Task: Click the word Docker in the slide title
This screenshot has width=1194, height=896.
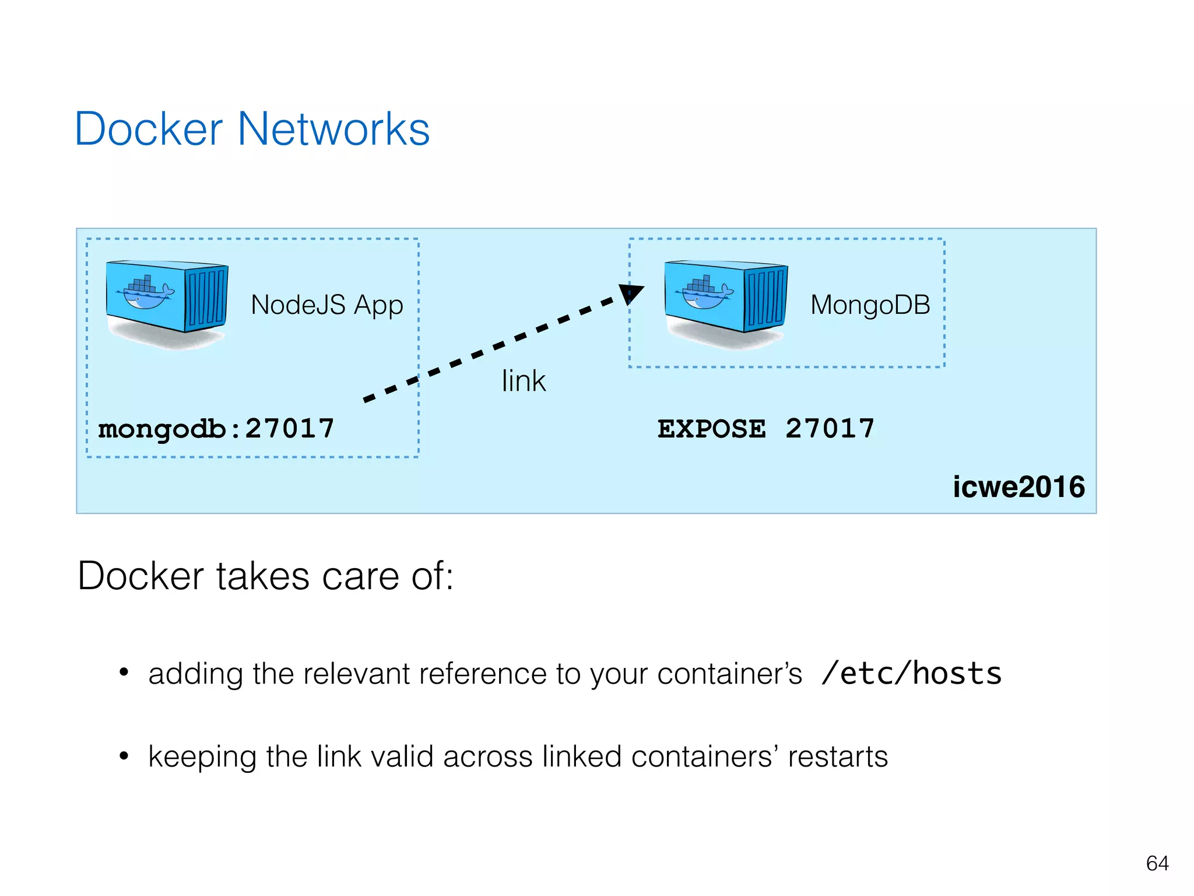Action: click(149, 129)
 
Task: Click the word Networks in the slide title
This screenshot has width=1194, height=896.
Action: click(333, 129)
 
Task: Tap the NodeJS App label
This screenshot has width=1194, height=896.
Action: click(326, 305)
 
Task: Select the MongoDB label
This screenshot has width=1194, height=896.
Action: click(870, 305)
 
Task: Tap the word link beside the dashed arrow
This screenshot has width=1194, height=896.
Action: click(524, 381)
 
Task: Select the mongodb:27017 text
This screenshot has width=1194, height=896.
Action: click(216, 429)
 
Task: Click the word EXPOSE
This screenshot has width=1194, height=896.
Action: click(711, 429)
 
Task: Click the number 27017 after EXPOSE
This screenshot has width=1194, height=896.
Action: click(830, 429)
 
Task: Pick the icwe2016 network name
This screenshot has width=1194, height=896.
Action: click(1019, 487)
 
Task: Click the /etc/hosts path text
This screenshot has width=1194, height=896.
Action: click(911, 674)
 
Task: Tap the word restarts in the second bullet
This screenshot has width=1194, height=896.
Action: click(838, 757)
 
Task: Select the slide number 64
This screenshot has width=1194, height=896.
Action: click(1157, 863)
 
